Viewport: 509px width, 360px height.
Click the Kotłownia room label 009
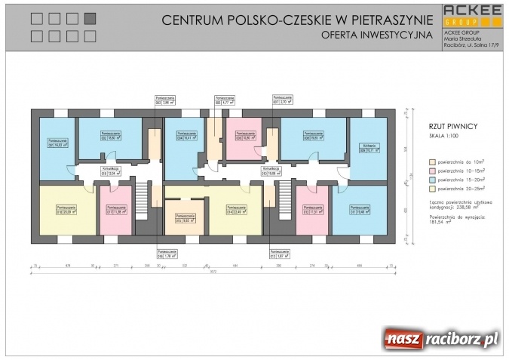[x=367, y=148]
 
